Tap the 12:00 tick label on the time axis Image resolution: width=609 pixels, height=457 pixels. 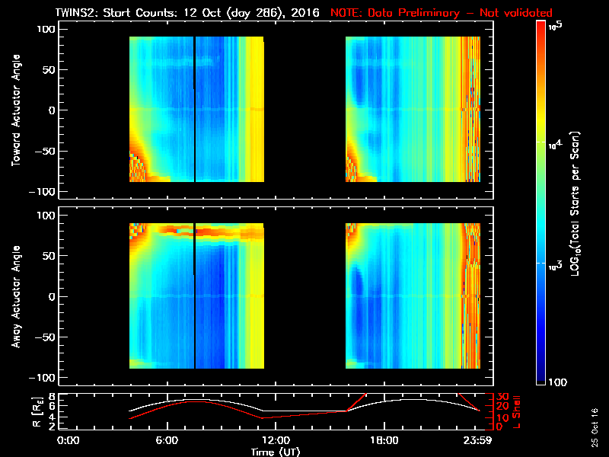275,441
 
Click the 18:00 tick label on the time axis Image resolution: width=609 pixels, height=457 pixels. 383,441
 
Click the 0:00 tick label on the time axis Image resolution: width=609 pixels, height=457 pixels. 68,441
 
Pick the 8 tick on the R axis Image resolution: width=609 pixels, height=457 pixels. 52,397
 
